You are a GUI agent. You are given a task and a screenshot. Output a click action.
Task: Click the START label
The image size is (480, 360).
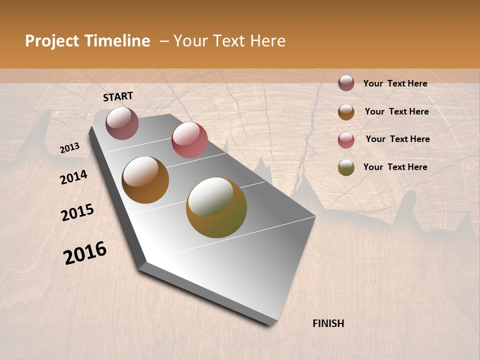pyautogui.click(x=118, y=96)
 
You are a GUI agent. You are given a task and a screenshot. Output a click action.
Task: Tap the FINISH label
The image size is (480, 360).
pyautogui.click(x=328, y=323)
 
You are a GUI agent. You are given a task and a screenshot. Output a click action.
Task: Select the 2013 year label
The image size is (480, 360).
pyautogui.click(x=70, y=148)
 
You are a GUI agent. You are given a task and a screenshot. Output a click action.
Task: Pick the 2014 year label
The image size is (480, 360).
pyautogui.click(x=73, y=177)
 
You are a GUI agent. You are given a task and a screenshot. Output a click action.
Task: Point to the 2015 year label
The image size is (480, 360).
pyautogui.click(x=77, y=212)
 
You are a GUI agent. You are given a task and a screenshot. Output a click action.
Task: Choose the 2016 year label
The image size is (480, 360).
pyautogui.click(x=85, y=252)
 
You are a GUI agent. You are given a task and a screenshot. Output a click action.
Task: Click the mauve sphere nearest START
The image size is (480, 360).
pyautogui.click(x=122, y=123)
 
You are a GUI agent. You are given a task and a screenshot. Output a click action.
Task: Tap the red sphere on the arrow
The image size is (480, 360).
pyautogui.click(x=189, y=139)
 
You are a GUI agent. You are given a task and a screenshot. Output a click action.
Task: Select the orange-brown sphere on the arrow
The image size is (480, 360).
pyautogui.click(x=145, y=180)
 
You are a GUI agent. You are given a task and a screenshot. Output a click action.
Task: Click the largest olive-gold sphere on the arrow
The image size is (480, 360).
pyautogui.click(x=216, y=207)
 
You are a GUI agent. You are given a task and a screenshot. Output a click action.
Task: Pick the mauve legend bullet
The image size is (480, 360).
pyautogui.click(x=346, y=83)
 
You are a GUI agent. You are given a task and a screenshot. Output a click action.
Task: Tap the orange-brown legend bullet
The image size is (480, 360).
pyautogui.click(x=346, y=112)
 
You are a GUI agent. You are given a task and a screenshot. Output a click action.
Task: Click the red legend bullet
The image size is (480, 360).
pyautogui.click(x=346, y=140)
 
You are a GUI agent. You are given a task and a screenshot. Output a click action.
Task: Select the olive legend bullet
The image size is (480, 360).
pyautogui.click(x=346, y=167)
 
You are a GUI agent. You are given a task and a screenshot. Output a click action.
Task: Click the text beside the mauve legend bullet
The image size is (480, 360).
pyautogui.click(x=395, y=83)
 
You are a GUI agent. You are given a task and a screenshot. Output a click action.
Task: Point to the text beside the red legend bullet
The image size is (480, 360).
pyautogui.click(x=397, y=139)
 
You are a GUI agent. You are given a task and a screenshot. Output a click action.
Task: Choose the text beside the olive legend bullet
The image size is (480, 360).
pyautogui.click(x=395, y=167)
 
